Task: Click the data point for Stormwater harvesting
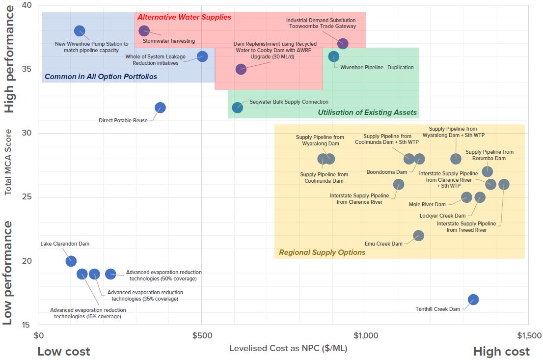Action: (144, 31)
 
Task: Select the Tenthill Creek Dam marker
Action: (473, 300)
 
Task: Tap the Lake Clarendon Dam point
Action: (71, 261)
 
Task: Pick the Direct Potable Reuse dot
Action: (160, 108)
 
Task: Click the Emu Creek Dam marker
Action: (418, 236)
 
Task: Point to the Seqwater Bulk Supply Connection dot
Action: (238, 108)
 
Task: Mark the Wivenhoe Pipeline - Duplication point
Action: (334, 56)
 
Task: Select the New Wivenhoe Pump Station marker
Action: (80, 31)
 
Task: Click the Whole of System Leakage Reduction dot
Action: (202, 56)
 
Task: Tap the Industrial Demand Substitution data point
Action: (343, 44)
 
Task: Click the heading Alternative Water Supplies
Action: (184, 17)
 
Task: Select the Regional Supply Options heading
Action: (322, 252)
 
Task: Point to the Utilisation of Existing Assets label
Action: (367, 112)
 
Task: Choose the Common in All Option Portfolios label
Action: (101, 76)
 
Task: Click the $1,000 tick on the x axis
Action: (365, 336)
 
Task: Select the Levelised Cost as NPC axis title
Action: (288, 348)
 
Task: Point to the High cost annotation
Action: (501, 352)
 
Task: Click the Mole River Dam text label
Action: (427, 204)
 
